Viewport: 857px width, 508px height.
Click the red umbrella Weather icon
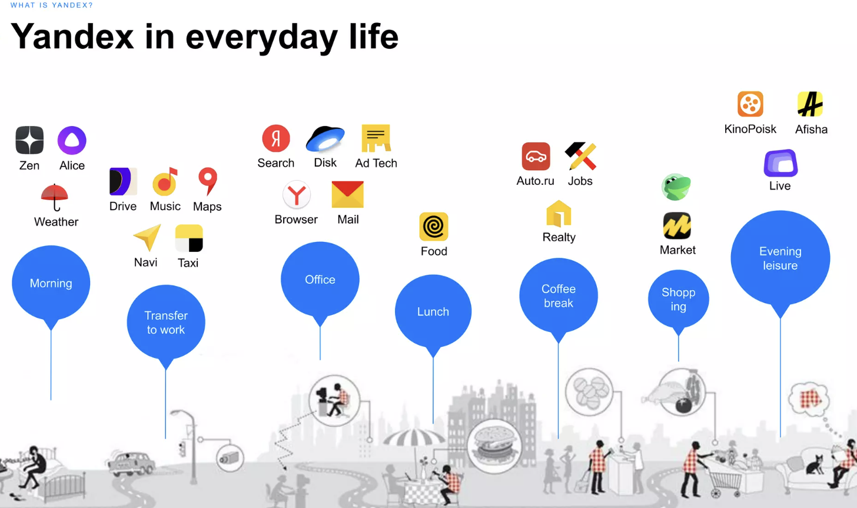coord(55,197)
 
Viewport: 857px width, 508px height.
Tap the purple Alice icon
coord(72,140)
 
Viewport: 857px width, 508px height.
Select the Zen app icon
coord(29,140)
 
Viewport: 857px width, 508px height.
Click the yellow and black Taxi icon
coord(189,238)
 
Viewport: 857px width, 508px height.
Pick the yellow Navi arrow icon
coord(148,238)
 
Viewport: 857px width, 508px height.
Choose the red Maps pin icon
coord(208,181)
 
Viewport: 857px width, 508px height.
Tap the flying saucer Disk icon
coord(325,138)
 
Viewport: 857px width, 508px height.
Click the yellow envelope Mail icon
coord(347,194)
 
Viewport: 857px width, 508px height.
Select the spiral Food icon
coord(433,227)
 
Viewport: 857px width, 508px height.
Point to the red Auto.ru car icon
coord(536,157)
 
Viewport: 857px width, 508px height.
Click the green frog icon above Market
coord(676,187)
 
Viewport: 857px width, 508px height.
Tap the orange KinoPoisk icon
coord(750,104)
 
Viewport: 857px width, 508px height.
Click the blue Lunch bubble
coord(433,311)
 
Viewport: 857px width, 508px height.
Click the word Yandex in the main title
coord(72,37)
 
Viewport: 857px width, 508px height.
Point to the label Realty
coord(559,237)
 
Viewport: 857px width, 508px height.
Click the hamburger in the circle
coord(493,446)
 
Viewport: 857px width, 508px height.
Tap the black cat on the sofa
coord(815,464)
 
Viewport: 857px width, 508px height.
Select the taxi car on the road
coord(131,463)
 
